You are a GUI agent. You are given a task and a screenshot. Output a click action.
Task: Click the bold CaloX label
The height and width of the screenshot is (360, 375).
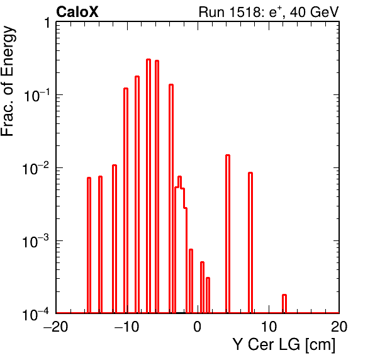tap(77, 12)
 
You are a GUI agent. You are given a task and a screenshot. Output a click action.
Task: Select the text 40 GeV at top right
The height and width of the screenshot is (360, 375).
tap(314, 12)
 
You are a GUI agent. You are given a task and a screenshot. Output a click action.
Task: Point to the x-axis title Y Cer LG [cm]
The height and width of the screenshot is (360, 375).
tap(284, 345)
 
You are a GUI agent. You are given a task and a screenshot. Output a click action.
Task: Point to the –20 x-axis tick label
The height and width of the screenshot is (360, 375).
tap(56, 326)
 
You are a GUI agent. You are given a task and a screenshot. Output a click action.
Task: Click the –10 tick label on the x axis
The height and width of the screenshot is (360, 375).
tap(126, 326)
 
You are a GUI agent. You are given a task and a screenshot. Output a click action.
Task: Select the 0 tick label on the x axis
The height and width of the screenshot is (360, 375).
tap(198, 326)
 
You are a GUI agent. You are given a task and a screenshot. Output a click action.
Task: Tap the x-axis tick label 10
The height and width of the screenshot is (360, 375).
tap(268, 326)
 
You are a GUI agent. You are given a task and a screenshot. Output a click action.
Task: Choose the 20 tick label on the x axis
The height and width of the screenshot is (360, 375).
tap(339, 326)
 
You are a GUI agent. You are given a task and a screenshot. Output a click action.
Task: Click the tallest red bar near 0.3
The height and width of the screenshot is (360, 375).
tap(148, 186)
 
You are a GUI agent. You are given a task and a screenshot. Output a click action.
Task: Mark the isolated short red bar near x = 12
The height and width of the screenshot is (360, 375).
tap(284, 304)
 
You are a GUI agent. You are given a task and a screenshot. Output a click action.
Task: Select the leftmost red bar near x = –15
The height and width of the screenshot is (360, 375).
tap(89, 245)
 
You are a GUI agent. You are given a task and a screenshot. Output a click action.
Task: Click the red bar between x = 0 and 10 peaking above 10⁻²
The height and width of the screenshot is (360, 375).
tap(228, 234)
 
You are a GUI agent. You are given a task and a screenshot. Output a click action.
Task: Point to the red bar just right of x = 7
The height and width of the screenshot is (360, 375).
tap(250, 242)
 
